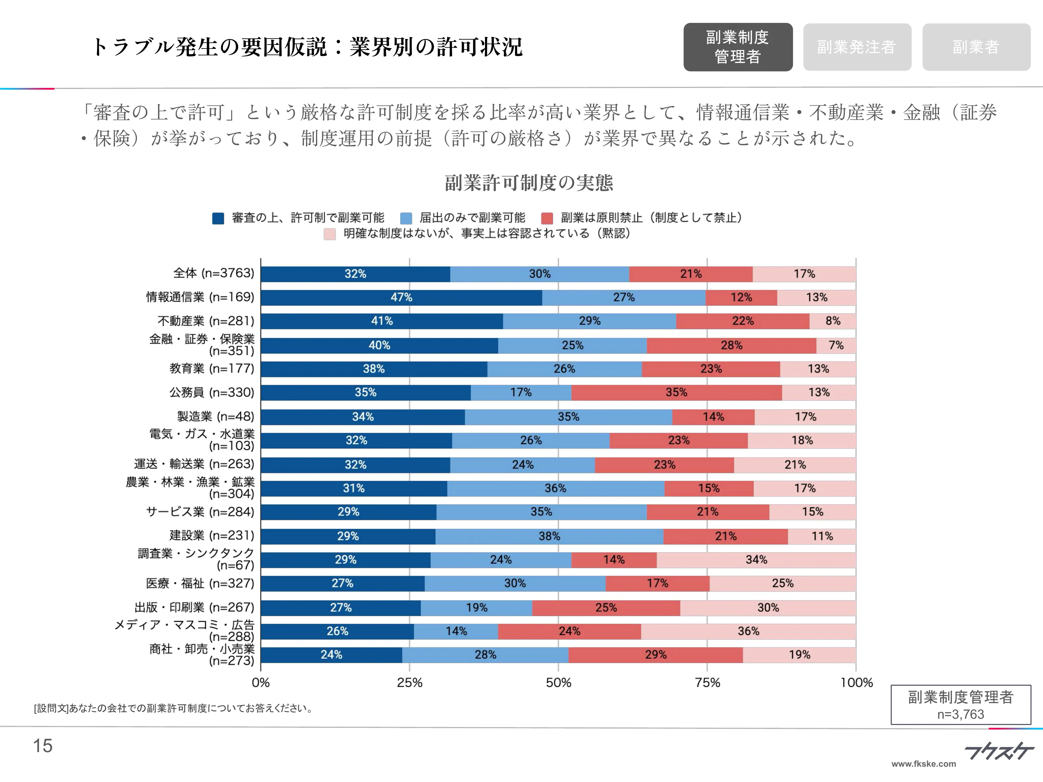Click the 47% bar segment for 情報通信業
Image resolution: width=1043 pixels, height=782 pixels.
(401, 298)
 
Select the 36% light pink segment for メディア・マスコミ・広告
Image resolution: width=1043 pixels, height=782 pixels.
(748, 631)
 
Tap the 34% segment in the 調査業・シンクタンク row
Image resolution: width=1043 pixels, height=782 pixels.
(756, 560)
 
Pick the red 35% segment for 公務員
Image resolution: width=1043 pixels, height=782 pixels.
(676, 393)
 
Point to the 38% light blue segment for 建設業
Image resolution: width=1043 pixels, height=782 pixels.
(549, 536)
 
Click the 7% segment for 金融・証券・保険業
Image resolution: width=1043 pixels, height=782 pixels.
(836, 345)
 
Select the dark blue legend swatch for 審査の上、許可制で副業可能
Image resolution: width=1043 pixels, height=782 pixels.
(218, 218)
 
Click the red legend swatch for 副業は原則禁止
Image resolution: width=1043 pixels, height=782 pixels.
(547, 218)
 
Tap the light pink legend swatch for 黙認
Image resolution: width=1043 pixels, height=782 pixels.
(330, 234)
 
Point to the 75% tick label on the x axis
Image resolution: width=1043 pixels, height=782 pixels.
(707, 683)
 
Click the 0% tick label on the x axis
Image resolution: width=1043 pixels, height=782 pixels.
(261, 683)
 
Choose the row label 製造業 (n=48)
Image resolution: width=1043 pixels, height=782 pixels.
(216, 416)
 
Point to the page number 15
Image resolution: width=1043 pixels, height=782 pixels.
(43, 746)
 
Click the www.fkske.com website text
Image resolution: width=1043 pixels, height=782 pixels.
(923, 764)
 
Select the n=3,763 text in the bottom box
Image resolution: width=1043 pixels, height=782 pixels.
(961, 715)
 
